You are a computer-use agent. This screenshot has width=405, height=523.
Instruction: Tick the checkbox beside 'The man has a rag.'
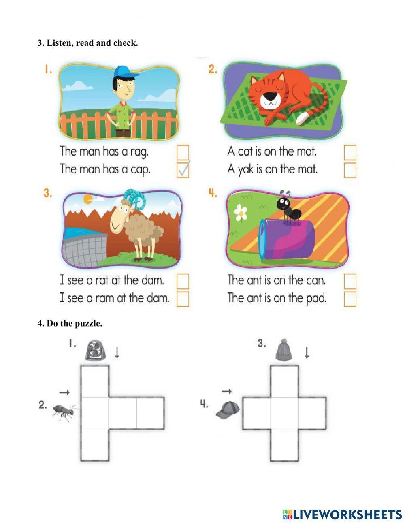(183, 152)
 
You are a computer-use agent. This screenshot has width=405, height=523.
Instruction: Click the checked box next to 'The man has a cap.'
(183, 170)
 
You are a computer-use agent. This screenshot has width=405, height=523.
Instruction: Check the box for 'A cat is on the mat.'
(350, 152)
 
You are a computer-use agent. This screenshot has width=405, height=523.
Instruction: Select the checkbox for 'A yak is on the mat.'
(350, 170)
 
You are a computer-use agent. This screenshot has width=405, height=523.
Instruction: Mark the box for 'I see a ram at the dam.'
(183, 299)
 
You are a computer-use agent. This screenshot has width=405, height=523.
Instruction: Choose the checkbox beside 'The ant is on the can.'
(350, 281)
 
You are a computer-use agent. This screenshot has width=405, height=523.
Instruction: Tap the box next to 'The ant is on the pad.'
(350, 299)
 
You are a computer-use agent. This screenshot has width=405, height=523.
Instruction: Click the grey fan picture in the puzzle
(95, 350)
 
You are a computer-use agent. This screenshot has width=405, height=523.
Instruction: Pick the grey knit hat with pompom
(284, 350)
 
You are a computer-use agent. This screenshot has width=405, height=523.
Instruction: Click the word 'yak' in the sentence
(246, 170)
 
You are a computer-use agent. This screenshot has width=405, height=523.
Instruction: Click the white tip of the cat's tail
(302, 118)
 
